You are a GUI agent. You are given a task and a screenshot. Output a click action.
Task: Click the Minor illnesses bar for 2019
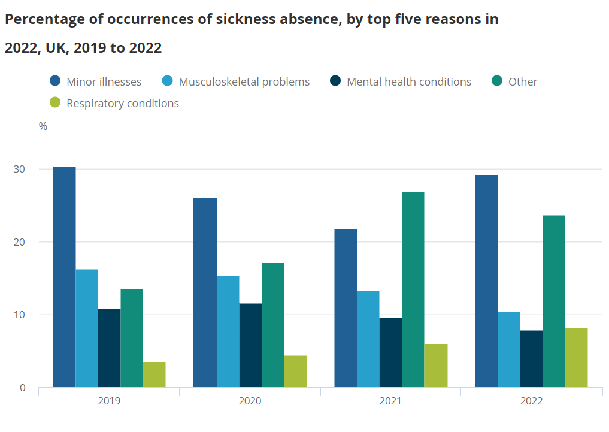point(65,277)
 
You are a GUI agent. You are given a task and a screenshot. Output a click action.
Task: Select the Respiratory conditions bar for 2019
point(154,374)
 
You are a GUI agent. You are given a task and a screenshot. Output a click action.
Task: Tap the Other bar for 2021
point(413,289)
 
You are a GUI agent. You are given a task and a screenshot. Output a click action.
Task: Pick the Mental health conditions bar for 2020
point(250,345)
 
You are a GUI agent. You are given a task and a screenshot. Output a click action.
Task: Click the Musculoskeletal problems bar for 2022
point(509,349)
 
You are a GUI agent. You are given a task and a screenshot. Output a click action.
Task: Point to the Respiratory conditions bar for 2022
point(576,357)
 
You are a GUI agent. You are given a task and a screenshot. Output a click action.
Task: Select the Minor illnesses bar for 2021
point(346,308)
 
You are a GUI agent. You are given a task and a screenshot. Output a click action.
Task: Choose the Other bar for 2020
point(272,325)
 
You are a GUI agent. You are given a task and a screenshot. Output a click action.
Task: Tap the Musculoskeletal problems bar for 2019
point(87,328)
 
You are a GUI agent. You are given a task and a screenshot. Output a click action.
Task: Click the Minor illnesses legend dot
point(56,81)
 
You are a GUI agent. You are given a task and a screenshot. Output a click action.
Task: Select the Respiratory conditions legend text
point(123,104)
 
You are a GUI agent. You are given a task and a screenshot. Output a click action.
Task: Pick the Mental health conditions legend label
point(409,82)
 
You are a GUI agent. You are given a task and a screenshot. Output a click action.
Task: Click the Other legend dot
point(497,81)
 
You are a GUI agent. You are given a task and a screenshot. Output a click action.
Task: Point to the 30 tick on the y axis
point(20,170)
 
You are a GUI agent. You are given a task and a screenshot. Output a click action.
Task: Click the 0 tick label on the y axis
point(23,388)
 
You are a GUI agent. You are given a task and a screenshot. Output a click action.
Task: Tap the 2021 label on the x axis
point(390,401)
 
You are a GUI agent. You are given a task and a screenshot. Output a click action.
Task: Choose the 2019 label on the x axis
point(109,401)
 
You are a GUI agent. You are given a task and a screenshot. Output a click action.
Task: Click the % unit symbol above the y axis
point(43,126)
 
